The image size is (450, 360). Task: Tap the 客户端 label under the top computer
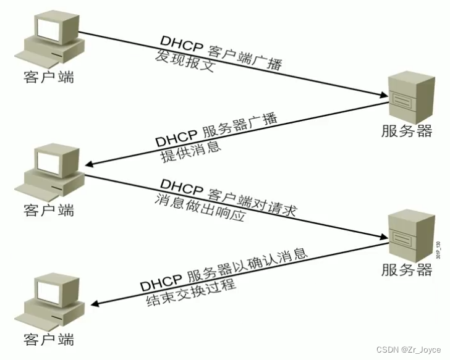pos(48,77)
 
